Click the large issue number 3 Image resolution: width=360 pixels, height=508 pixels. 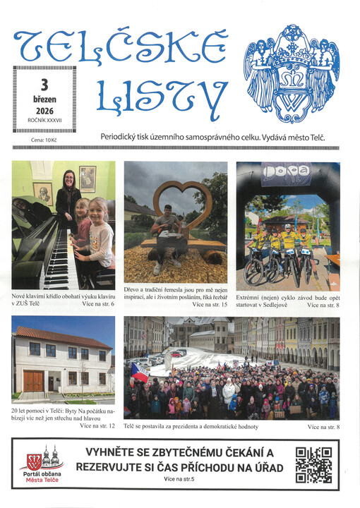[44, 85]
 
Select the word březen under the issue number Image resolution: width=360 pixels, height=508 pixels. [44, 99]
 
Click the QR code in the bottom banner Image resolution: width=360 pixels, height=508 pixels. [313, 465]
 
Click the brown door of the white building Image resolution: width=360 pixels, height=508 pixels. [33, 382]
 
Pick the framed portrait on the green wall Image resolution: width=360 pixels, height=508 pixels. [88, 179]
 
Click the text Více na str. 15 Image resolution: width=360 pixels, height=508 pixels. [210, 305]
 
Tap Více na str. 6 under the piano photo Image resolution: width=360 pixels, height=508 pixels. [97, 303]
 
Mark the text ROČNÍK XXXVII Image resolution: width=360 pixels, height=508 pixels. [44, 121]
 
